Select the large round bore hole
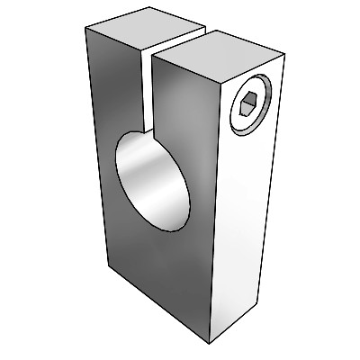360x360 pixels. pyautogui.click(x=154, y=179)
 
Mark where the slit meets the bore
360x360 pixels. pyautogui.click(x=148, y=130)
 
